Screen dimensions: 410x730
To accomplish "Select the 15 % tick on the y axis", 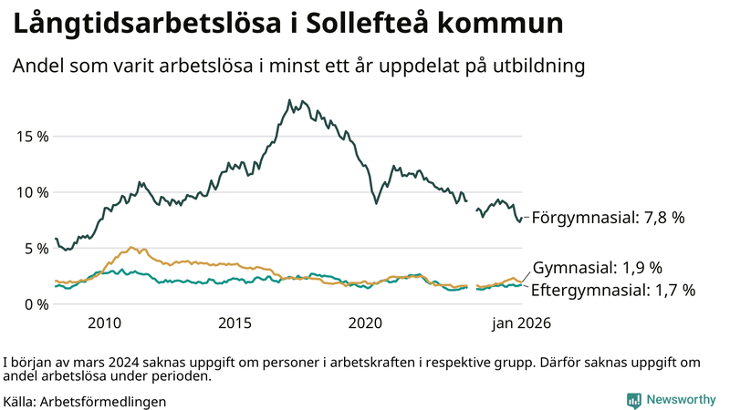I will (31, 137).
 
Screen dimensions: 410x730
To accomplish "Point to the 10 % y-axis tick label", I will (31, 192).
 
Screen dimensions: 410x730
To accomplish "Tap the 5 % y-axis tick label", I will (35, 248).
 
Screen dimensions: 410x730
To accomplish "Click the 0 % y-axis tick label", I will (35, 304).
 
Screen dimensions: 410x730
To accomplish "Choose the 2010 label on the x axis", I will (104, 323).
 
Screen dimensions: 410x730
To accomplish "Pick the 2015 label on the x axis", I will (235, 323).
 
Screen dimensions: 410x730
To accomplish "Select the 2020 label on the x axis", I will (365, 323).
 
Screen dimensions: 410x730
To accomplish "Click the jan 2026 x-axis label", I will (522, 323).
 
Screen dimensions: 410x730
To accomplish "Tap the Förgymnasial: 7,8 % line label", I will (608, 218).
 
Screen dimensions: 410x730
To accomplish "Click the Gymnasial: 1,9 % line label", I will (597, 268).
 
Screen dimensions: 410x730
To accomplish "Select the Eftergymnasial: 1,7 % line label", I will (613, 290).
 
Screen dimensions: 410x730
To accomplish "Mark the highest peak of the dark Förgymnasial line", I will (289, 100).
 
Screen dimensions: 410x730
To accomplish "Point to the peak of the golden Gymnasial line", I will (132, 247).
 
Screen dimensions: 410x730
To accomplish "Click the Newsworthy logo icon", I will (633, 400).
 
